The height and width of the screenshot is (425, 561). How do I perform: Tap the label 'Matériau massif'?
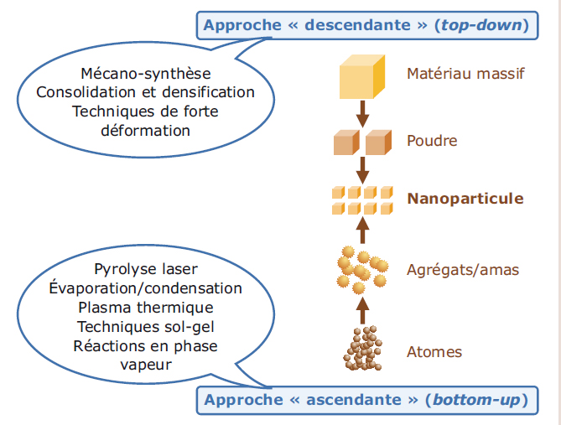pyautogui.click(x=465, y=74)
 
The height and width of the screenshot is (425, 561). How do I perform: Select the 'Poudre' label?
pyautogui.click(x=432, y=140)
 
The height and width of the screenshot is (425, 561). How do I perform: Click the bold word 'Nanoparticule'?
pyautogui.click(x=465, y=199)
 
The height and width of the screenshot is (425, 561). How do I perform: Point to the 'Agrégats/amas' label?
pyautogui.click(x=462, y=270)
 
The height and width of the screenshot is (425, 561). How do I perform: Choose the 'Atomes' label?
pyautogui.click(x=434, y=351)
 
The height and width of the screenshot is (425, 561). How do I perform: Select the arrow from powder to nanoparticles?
pyautogui.click(x=362, y=168)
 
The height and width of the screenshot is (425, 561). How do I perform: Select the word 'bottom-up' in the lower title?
pyautogui.click(x=472, y=400)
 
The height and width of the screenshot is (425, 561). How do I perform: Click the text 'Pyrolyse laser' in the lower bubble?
pyautogui.click(x=145, y=269)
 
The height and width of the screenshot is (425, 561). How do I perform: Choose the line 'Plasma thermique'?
pyautogui.click(x=145, y=307)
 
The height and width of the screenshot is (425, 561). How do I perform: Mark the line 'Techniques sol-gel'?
pyautogui.click(x=145, y=326)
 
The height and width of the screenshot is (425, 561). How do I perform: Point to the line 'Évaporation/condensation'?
pyautogui.click(x=145, y=288)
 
